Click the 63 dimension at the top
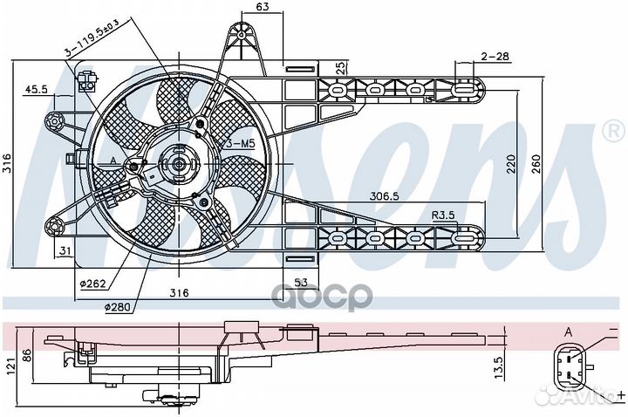click(x=262, y=6)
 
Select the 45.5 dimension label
click(x=36, y=89)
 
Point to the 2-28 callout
click(x=495, y=56)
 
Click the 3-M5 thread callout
click(x=241, y=144)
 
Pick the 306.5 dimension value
click(x=385, y=196)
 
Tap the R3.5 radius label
click(x=443, y=215)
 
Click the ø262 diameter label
click(x=93, y=284)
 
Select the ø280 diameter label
click(x=118, y=307)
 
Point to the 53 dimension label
click(x=301, y=283)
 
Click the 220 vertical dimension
click(x=511, y=163)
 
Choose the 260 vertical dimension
click(x=536, y=163)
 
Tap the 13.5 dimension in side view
click(x=498, y=368)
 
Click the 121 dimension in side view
click(x=10, y=366)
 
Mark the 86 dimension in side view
click(x=27, y=355)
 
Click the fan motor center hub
click(x=179, y=163)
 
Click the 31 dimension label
click(x=65, y=251)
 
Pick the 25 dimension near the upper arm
click(x=340, y=68)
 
